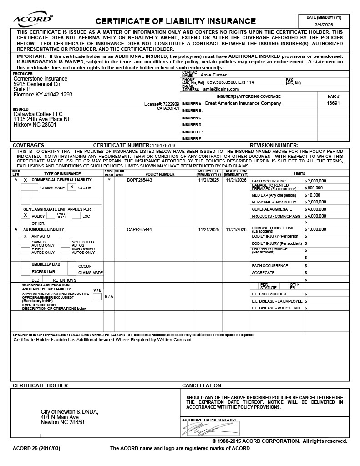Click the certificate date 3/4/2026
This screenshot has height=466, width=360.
point(324,25)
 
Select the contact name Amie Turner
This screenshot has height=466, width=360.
point(213,75)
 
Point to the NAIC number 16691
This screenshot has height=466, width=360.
point(334,103)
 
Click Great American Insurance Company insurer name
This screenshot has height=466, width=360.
point(243,103)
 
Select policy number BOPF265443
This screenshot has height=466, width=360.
point(140,180)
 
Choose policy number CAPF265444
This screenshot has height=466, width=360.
point(140,229)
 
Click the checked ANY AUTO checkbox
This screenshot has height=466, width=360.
point(25,237)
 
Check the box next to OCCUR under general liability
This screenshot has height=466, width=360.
point(72,187)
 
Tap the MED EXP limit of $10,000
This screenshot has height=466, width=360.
point(314,195)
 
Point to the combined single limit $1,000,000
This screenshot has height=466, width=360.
point(317,229)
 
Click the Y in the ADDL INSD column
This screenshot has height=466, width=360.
point(109,180)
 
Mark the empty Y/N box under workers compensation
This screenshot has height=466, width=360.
point(97,297)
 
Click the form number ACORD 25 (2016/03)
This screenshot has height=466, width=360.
point(36,449)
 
